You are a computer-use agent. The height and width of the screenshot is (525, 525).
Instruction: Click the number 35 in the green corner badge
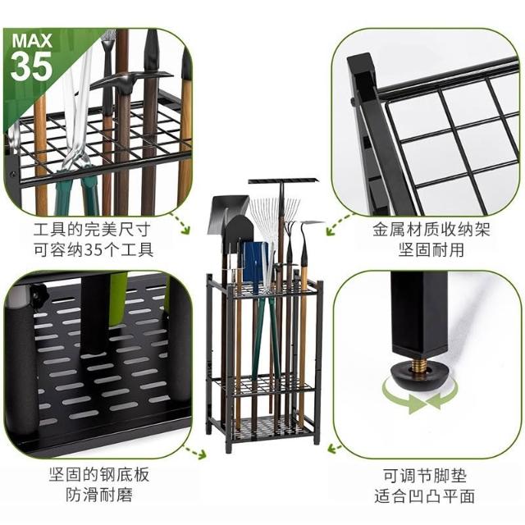[31, 66]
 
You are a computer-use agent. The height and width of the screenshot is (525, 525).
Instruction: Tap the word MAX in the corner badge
[32, 40]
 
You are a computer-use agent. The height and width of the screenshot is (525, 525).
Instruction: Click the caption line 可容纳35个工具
[94, 249]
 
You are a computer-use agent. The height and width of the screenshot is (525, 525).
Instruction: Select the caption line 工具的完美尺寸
[92, 230]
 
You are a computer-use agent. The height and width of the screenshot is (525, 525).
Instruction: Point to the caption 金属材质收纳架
[431, 230]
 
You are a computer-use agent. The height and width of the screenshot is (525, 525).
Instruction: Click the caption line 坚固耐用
[431, 249]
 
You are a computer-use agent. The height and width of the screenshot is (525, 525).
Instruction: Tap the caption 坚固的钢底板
[99, 474]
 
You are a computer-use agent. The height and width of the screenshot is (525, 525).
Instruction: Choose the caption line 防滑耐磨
[99, 495]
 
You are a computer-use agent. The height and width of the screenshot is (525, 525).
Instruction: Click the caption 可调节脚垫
[425, 476]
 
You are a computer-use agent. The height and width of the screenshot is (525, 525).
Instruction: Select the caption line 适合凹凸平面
[425, 496]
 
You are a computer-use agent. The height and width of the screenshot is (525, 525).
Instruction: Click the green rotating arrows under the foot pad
[420, 397]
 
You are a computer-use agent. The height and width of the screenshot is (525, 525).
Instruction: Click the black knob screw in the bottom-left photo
[38, 292]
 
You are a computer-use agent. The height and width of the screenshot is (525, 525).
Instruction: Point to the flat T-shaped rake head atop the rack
[283, 181]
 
